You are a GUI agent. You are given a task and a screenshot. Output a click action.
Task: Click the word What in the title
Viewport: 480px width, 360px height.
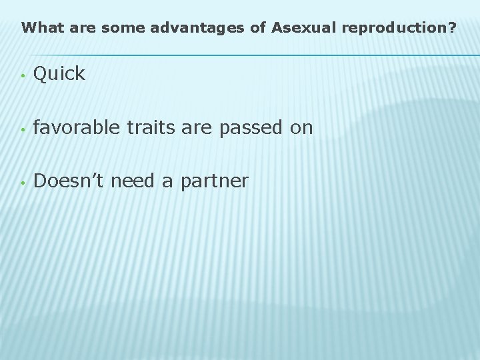point(38,29)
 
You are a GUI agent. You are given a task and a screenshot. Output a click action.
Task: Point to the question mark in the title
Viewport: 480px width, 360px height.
point(453,29)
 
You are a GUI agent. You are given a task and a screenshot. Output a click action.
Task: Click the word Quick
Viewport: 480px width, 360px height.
point(59,75)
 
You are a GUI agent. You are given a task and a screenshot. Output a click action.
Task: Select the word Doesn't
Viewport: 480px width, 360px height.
point(67,180)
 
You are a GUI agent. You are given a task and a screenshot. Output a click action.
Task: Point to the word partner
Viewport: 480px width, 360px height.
point(214,181)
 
